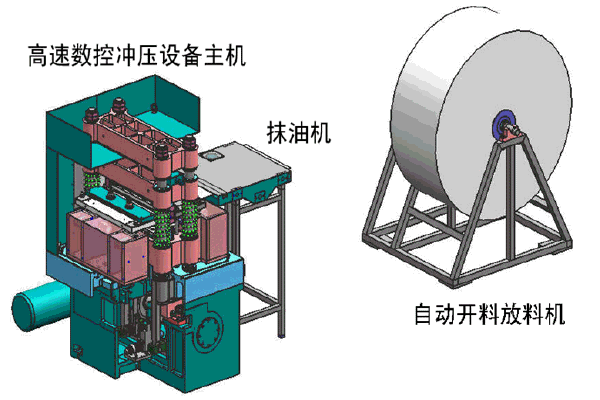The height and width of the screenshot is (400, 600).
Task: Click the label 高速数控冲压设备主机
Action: click(137, 56)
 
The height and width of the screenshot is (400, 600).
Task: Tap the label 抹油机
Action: click(299, 133)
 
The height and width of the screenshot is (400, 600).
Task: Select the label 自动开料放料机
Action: click(490, 314)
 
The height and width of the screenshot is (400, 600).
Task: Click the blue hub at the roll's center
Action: click(503, 126)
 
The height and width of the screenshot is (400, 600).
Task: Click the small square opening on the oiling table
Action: click(212, 155)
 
